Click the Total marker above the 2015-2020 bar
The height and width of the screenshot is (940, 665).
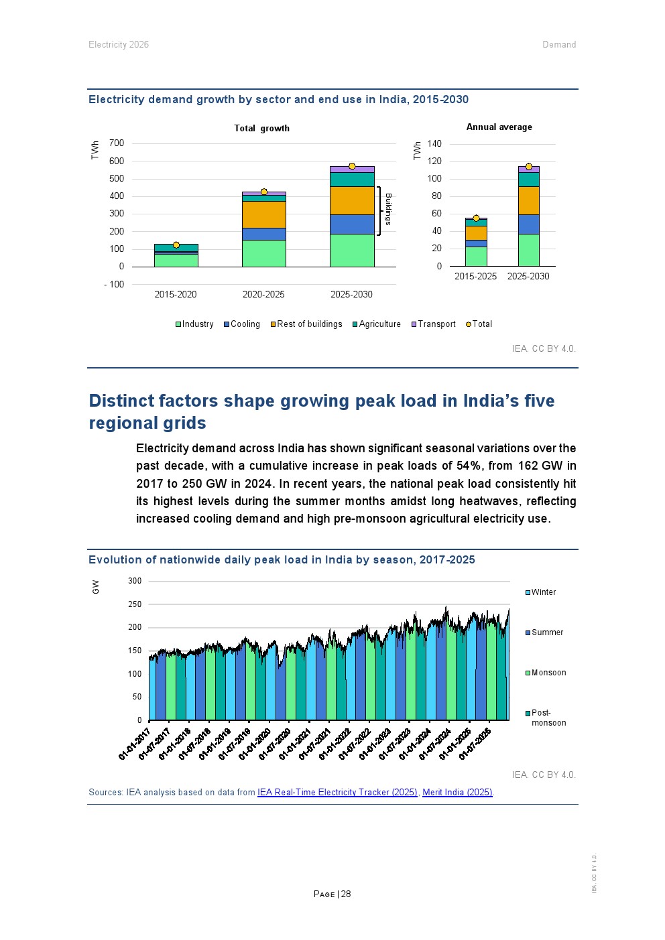tap(176, 245)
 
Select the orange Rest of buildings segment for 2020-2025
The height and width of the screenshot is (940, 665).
tap(263, 214)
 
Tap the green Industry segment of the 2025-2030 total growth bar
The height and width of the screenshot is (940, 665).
tap(352, 250)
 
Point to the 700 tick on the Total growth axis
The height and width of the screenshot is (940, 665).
tap(117, 143)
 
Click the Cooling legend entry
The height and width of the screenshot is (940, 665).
tap(242, 324)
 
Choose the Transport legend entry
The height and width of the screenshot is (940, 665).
tap(434, 324)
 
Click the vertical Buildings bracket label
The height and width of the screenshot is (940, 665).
tap(388, 209)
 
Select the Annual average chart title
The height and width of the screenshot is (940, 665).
tap(499, 127)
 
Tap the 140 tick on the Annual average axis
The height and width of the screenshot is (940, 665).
tap(434, 144)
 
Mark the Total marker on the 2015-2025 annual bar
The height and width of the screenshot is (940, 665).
tap(476, 218)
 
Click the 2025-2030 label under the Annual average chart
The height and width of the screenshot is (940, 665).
tap(528, 277)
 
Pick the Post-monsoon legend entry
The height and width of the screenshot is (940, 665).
tap(546, 718)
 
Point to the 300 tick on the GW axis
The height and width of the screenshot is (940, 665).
tap(135, 581)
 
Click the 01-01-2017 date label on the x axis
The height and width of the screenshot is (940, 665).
tap(134, 744)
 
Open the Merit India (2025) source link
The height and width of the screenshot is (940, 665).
tap(457, 793)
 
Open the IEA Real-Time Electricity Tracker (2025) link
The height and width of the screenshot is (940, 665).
tap(337, 793)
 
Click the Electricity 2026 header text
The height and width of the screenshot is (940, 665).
tap(119, 45)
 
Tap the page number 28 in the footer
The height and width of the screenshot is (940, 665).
tap(346, 894)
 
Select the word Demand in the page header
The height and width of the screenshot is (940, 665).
tap(559, 45)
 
